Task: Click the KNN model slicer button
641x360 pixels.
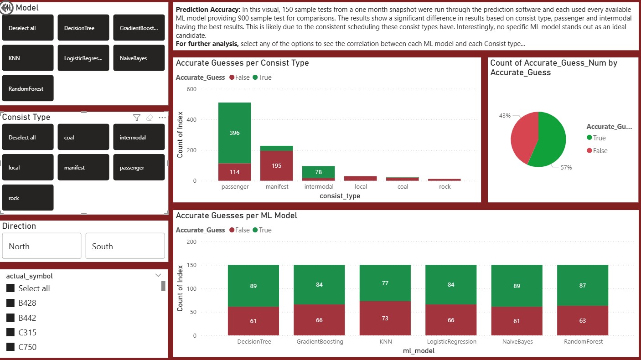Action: (28, 58)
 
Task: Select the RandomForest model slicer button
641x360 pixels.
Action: (28, 88)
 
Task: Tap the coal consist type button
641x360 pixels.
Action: (83, 137)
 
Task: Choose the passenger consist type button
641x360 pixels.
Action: (139, 168)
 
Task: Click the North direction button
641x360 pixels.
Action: (41, 246)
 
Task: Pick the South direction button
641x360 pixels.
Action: (125, 246)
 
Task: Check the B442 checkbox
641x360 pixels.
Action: (10, 318)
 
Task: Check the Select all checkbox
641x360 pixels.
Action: (10, 288)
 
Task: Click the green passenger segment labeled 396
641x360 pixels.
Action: (234, 133)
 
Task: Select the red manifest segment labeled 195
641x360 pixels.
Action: (276, 165)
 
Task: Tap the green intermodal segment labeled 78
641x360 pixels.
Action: (318, 172)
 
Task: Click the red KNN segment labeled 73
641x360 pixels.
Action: (385, 318)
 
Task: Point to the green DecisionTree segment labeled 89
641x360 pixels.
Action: (253, 286)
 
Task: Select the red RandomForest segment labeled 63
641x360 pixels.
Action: (582, 320)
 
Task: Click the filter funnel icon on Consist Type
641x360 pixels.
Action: (136, 118)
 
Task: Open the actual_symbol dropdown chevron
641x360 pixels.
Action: (158, 275)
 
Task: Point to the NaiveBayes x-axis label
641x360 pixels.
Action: (517, 341)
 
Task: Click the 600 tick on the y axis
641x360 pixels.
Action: (191, 89)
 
